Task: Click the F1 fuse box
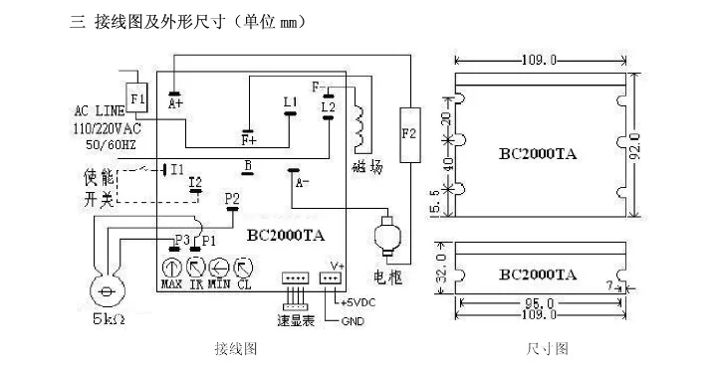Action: (137, 99)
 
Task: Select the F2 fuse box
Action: (407, 133)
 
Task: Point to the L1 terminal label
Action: (290, 101)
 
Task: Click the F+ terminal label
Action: (248, 139)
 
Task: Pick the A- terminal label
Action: (303, 182)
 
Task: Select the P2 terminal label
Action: (232, 199)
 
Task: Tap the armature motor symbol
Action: (383, 240)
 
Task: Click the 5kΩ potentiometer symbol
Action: (105, 291)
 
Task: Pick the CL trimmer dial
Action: (244, 266)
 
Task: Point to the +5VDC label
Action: (358, 302)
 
